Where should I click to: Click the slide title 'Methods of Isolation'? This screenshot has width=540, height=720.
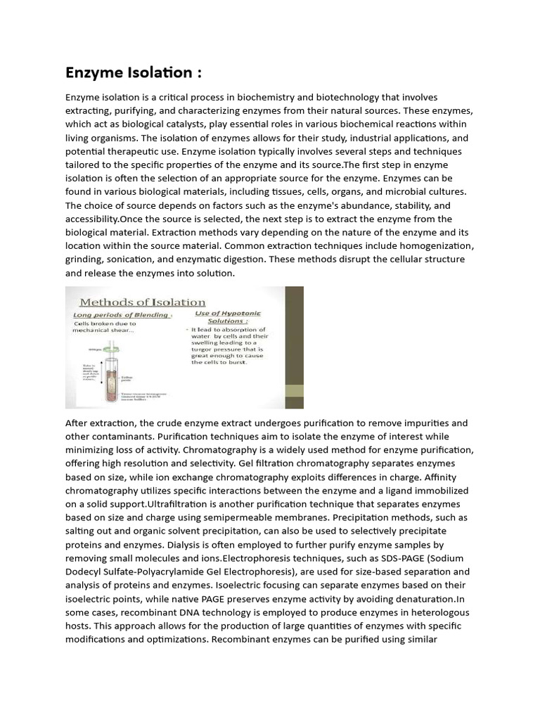coord(154,302)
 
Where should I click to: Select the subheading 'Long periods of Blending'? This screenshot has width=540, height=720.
coord(122,315)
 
